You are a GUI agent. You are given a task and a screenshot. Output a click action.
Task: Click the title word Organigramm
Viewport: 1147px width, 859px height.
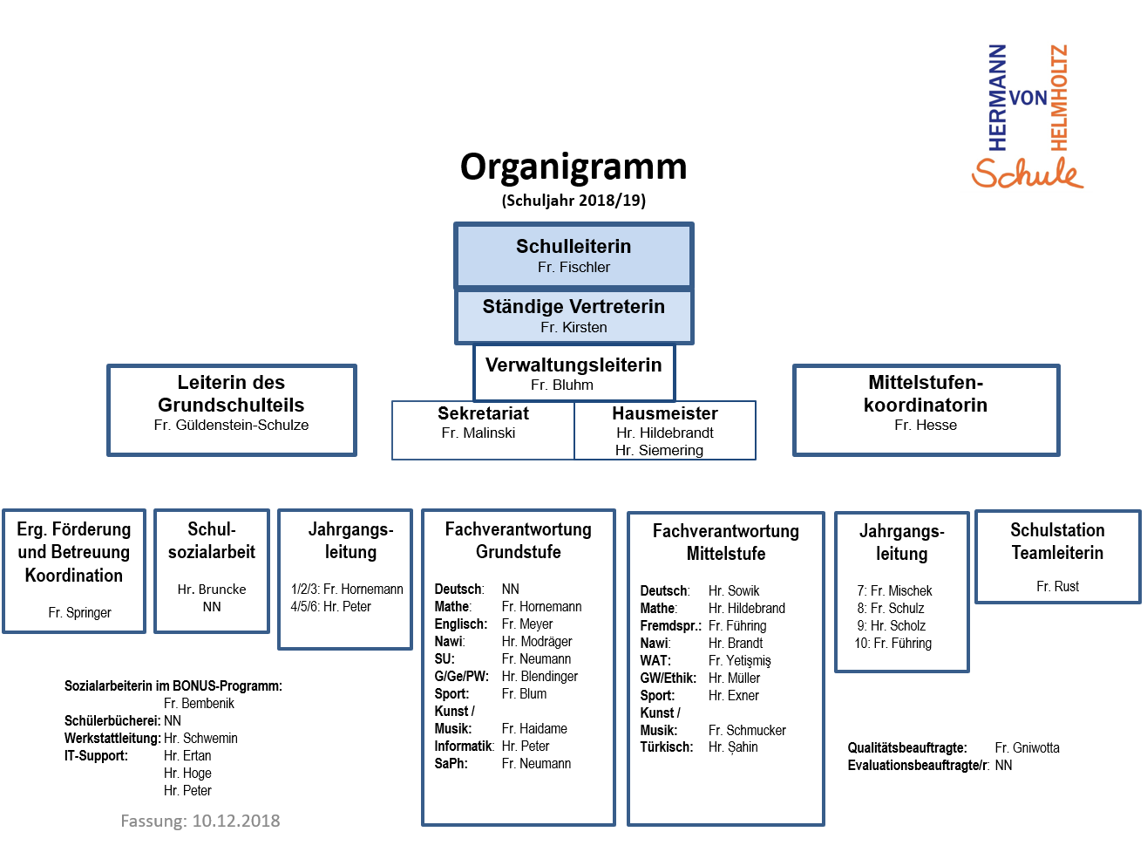(x=573, y=167)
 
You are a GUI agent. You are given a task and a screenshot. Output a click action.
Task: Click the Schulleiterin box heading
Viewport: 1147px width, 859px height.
(x=573, y=246)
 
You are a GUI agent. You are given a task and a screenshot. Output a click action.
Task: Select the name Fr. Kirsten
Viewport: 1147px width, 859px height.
(x=573, y=327)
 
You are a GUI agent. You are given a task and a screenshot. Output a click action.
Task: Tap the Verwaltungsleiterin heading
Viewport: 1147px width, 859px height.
(x=573, y=365)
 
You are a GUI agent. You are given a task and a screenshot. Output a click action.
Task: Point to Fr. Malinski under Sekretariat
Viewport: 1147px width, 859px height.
(x=478, y=433)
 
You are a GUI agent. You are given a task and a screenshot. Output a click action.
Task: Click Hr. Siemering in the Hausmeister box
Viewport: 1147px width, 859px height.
(x=659, y=450)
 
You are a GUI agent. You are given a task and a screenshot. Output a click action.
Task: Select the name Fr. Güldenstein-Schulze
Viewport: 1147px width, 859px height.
(x=231, y=425)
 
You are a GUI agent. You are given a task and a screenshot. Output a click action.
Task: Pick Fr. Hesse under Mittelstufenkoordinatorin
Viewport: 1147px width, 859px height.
(x=925, y=425)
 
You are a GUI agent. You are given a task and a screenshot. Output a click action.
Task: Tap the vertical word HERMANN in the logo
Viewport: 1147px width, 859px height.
(x=998, y=98)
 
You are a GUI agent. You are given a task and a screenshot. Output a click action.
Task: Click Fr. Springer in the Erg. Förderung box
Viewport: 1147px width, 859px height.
(x=79, y=612)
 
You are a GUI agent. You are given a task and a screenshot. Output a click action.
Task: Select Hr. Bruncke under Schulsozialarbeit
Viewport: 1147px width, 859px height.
(x=212, y=590)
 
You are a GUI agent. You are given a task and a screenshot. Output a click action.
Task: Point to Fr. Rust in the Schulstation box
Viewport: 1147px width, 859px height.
(x=1057, y=586)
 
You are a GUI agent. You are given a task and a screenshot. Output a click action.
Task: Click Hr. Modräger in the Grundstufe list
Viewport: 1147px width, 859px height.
(x=537, y=641)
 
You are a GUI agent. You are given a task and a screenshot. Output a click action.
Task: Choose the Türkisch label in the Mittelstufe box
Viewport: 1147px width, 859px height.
(x=666, y=747)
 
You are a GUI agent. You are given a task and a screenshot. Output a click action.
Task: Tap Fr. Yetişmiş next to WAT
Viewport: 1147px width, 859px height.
(x=739, y=660)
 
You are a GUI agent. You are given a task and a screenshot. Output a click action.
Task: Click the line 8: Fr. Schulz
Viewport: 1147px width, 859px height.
(x=891, y=608)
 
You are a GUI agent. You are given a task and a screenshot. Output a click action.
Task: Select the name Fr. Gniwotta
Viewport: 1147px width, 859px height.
(x=1027, y=747)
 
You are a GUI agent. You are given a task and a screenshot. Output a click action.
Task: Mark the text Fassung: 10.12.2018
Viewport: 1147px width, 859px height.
(x=200, y=821)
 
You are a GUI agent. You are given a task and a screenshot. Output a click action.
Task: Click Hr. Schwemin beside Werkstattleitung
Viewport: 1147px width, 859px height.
(x=200, y=738)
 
